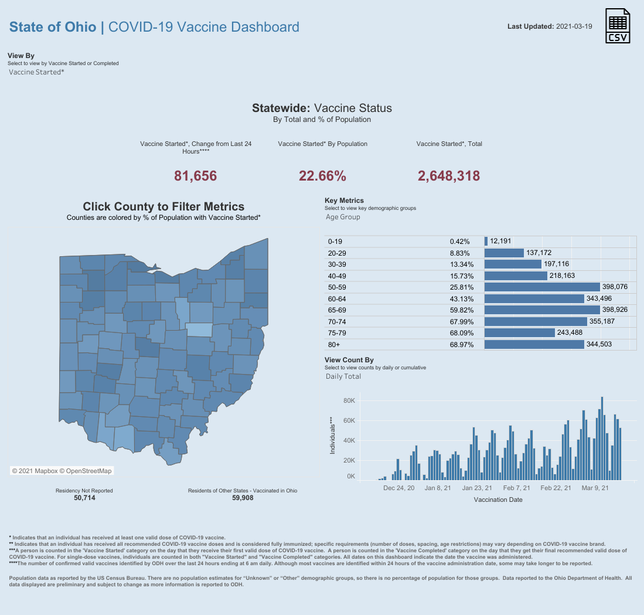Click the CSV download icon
click(618, 26)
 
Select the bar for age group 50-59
click(543, 287)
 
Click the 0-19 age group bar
click(486, 241)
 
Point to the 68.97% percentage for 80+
click(462, 344)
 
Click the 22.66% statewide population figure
click(322, 175)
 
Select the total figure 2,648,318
click(449, 175)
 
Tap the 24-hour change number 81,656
click(196, 175)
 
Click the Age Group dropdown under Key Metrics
click(343, 217)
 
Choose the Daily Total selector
click(343, 376)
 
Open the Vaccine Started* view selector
click(36, 72)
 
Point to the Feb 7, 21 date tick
click(516, 488)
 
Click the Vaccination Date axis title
click(498, 500)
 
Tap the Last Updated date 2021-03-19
click(574, 26)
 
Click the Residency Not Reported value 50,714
click(84, 498)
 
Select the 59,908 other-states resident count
click(243, 498)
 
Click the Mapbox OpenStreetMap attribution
click(62, 471)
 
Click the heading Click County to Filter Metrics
click(163, 206)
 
